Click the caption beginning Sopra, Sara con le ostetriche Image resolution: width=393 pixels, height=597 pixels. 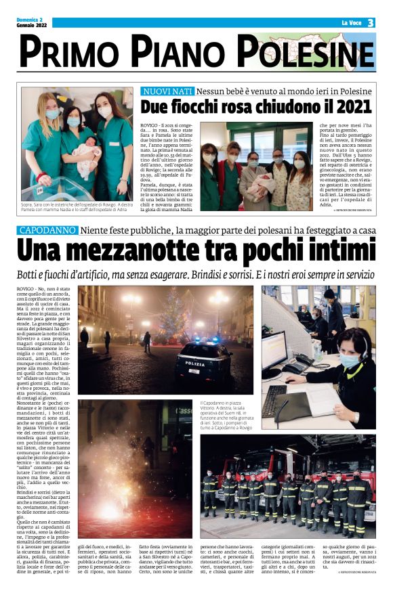75,206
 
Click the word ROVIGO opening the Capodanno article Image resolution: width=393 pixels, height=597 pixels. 26,289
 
